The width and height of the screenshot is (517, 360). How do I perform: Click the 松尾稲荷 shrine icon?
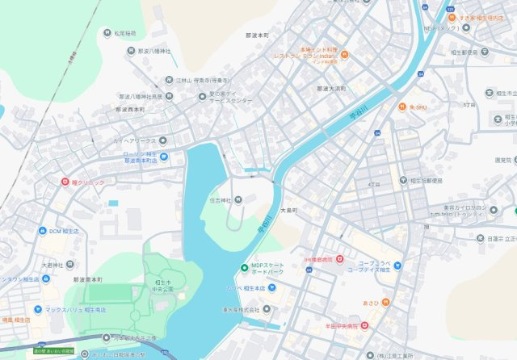point(107,33)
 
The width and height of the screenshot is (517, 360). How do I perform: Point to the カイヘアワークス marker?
point(119,140)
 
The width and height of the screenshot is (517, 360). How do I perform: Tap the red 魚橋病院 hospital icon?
point(340,260)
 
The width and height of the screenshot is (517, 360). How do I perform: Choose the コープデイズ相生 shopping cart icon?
point(397,266)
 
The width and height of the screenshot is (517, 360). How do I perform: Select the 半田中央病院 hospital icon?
point(365,326)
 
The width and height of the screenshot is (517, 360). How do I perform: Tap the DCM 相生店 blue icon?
point(42,232)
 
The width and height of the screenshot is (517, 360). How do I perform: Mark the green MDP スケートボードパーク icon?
point(244,268)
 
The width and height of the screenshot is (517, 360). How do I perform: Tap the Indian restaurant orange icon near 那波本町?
point(344,55)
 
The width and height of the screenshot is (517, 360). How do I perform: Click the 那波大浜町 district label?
point(332,88)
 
